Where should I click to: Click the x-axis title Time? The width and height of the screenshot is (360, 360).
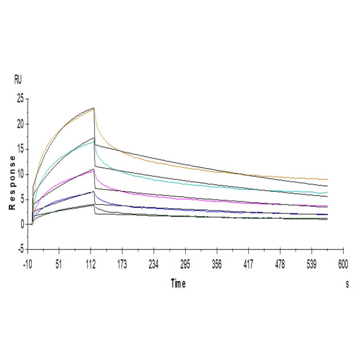tap(178, 284)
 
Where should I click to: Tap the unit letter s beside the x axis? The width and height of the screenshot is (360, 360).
tap(347, 284)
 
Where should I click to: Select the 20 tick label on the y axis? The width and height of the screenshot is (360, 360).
tap(20, 124)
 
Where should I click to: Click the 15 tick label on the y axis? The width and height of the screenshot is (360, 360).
tap(20, 149)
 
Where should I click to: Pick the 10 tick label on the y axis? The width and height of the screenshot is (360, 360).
tap(20, 174)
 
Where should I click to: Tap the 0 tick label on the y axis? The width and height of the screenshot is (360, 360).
tap(22, 224)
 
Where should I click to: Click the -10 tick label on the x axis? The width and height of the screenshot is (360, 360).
tap(27, 265)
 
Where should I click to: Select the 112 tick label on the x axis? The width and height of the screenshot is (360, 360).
tap(90, 265)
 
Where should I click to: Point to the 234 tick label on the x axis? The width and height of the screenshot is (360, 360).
tap(154, 265)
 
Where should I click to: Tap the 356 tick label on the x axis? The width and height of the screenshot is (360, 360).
tap(217, 265)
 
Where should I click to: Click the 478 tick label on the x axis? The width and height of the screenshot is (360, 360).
tap(280, 265)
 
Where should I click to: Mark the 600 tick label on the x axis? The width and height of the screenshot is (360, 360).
tap(343, 265)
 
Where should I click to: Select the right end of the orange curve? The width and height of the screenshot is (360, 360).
tap(327, 180)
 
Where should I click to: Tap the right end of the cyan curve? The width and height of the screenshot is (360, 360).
tap(327, 192)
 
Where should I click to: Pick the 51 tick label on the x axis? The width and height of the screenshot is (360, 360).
tap(59, 265)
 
